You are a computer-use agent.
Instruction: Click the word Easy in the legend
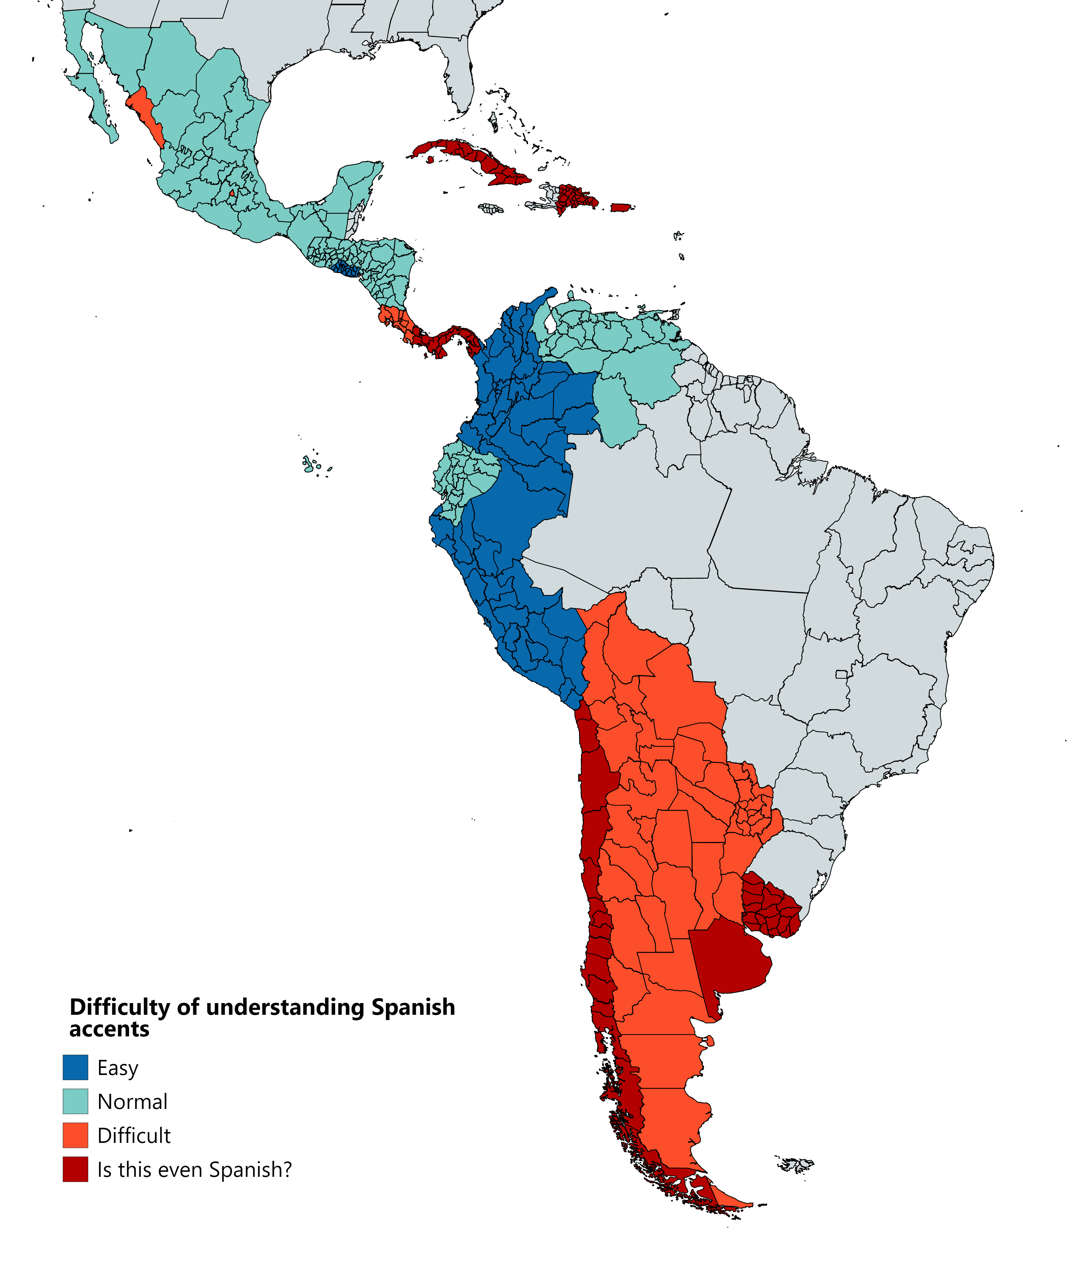tap(118, 1068)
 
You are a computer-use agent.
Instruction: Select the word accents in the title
tap(109, 1029)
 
